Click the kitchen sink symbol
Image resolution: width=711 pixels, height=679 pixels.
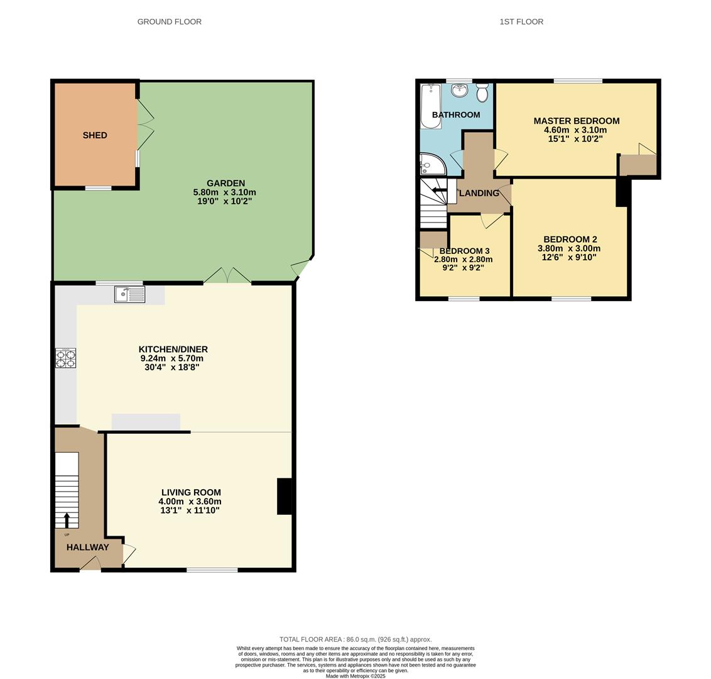point(129,294)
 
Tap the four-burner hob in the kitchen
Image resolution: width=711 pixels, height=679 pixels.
point(65,358)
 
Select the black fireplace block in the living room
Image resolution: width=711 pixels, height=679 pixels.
point(285,496)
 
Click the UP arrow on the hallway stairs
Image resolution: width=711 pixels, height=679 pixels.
point(67,519)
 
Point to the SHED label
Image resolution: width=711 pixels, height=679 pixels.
point(95,135)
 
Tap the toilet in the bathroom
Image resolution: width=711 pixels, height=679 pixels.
point(482,92)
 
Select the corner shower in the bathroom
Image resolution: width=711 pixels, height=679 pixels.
point(431,165)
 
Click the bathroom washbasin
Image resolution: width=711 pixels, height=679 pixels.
point(460,91)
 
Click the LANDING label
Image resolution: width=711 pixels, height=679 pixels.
point(479,193)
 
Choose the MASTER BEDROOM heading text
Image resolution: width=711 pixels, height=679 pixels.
point(576,121)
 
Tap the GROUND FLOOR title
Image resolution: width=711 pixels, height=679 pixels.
point(170,21)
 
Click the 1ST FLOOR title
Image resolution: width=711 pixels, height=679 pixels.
point(521,21)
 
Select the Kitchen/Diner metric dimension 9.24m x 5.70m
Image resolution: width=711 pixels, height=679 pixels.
point(172,358)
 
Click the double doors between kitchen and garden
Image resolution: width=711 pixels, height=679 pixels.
point(227,277)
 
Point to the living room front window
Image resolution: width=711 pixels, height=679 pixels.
point(212,570)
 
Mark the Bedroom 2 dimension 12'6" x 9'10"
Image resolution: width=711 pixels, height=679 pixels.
point(570,257)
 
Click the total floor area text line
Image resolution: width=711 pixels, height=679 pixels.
point(355,639)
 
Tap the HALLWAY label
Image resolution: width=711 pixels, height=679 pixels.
point(88,547)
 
